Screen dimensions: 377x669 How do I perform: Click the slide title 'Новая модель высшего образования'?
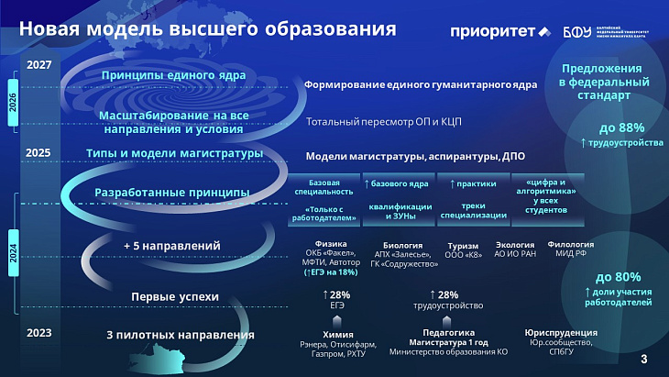click(207, 28)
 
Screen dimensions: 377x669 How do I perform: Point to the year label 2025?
click(38, 152)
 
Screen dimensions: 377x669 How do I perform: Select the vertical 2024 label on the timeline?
click(13, 249)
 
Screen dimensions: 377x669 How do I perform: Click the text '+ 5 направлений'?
click(172, 246)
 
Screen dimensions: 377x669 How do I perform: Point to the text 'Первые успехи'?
click(175, 296)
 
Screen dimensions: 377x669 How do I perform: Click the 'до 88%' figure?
click(621, 128)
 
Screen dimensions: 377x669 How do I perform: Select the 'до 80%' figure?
click(619, 276)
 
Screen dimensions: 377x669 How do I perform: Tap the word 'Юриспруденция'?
click(561, 332)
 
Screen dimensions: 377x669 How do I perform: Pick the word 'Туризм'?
click(461, 245)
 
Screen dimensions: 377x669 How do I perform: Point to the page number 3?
click(643, 359)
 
